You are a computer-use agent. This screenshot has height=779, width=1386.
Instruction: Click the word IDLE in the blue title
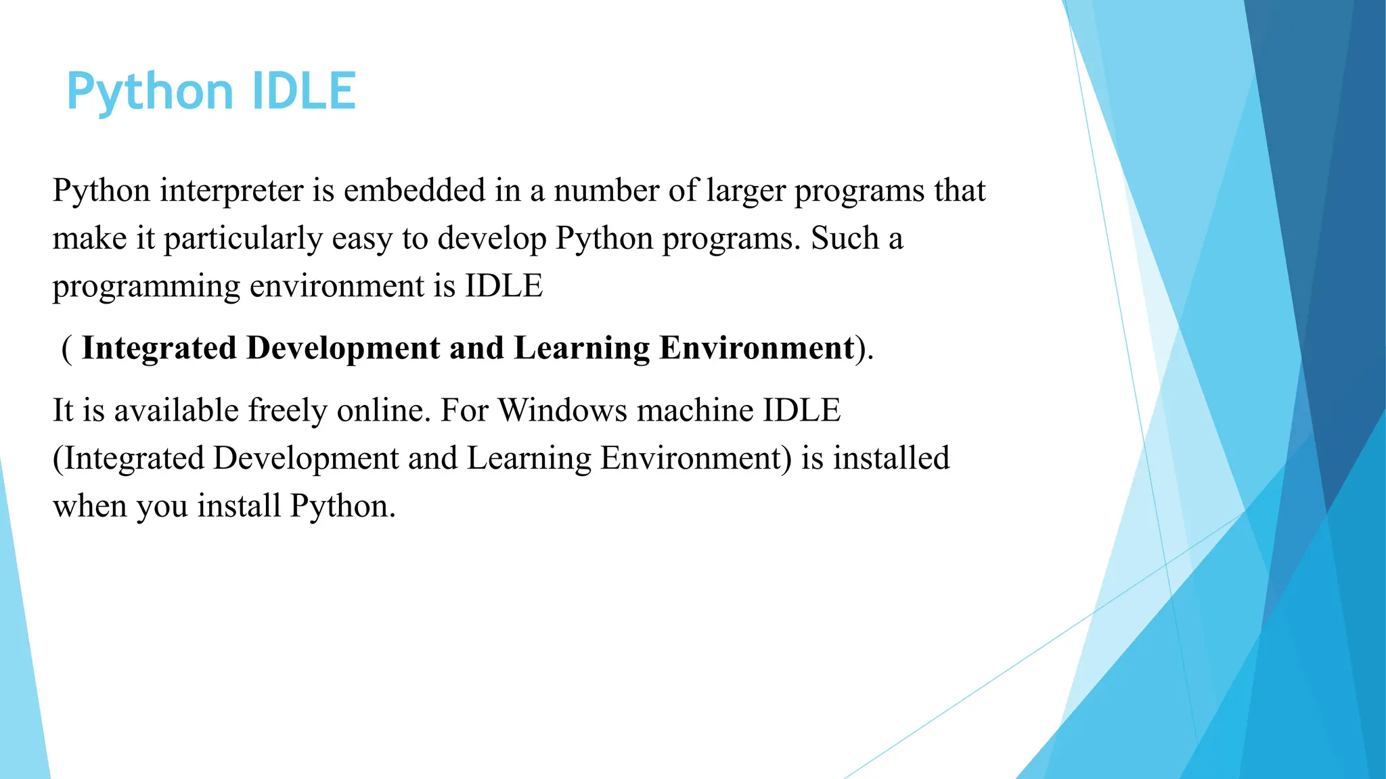(x=303, y=91)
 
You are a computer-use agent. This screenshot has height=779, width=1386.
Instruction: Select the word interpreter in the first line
(x=231, y=191)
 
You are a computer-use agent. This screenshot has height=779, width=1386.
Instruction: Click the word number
(x=606, y=190)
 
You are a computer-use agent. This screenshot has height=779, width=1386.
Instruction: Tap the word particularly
(x=243, y=239)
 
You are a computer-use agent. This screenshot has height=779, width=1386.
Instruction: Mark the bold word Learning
(x=581, y=349)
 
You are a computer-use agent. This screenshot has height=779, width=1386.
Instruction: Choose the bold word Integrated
(x=158, y=349)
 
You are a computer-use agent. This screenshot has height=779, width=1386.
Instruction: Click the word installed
(x=891, y=458)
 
